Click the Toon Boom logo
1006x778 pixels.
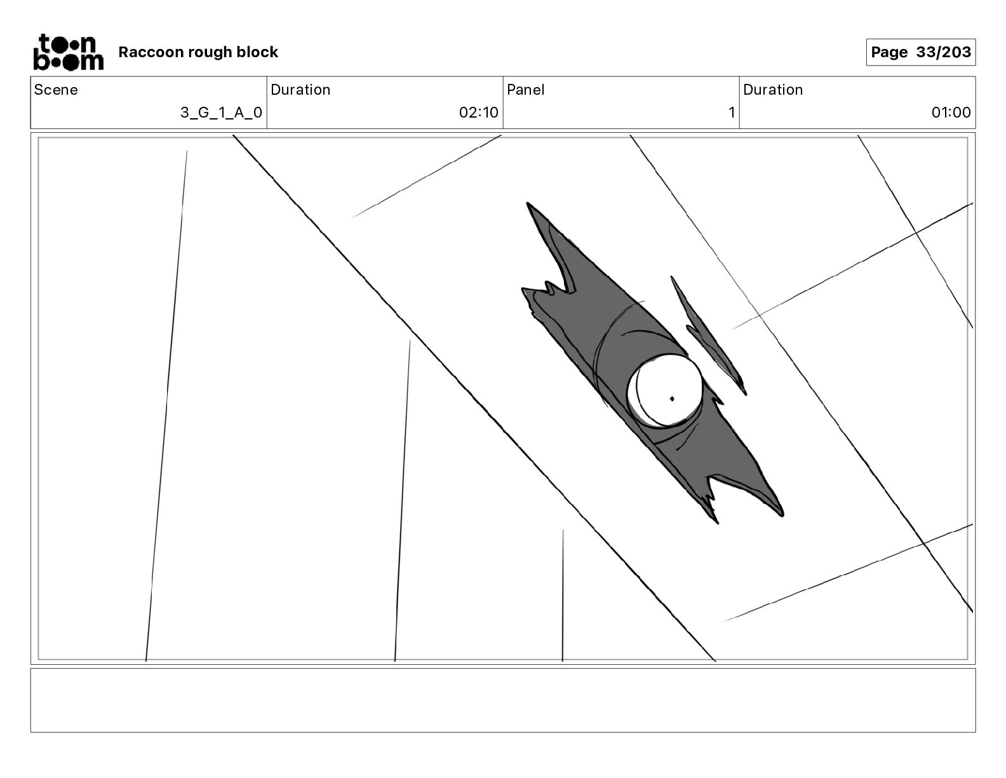click(69, 52)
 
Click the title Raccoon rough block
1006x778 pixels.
click(198, 52)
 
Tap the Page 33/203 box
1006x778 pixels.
click(920, 52)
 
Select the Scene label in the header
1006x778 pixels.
click(56, 90)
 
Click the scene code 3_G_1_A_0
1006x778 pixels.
click(221, 112)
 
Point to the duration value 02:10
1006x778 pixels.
click(479, 112)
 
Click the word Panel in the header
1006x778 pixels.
click(525, 90)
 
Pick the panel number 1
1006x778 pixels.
click(732, 112)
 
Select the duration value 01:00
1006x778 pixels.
click(951, 112)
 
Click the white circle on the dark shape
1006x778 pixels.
click(665, 391)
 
